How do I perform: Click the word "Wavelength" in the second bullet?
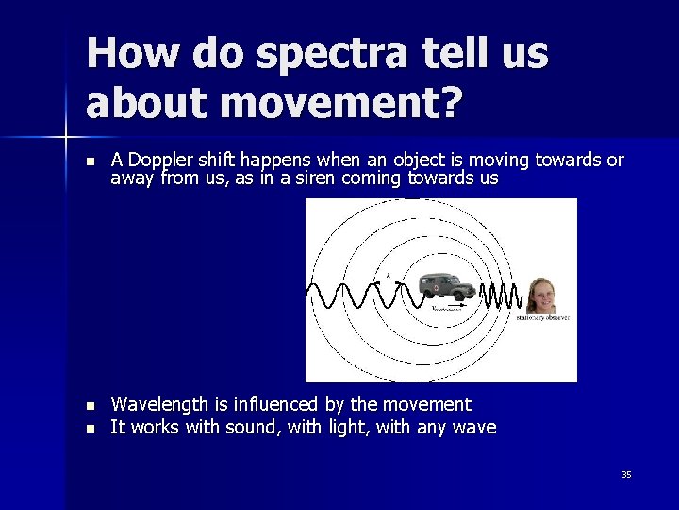[156, 404]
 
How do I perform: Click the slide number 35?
[626, 474]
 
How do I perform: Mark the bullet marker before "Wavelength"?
[90, 406]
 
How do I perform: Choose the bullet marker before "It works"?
[90, 429]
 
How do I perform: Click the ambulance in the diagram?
[447, 287]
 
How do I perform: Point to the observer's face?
[541, 294]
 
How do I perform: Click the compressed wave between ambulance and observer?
[501, 295]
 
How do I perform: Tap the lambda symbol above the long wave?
[387, 277]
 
